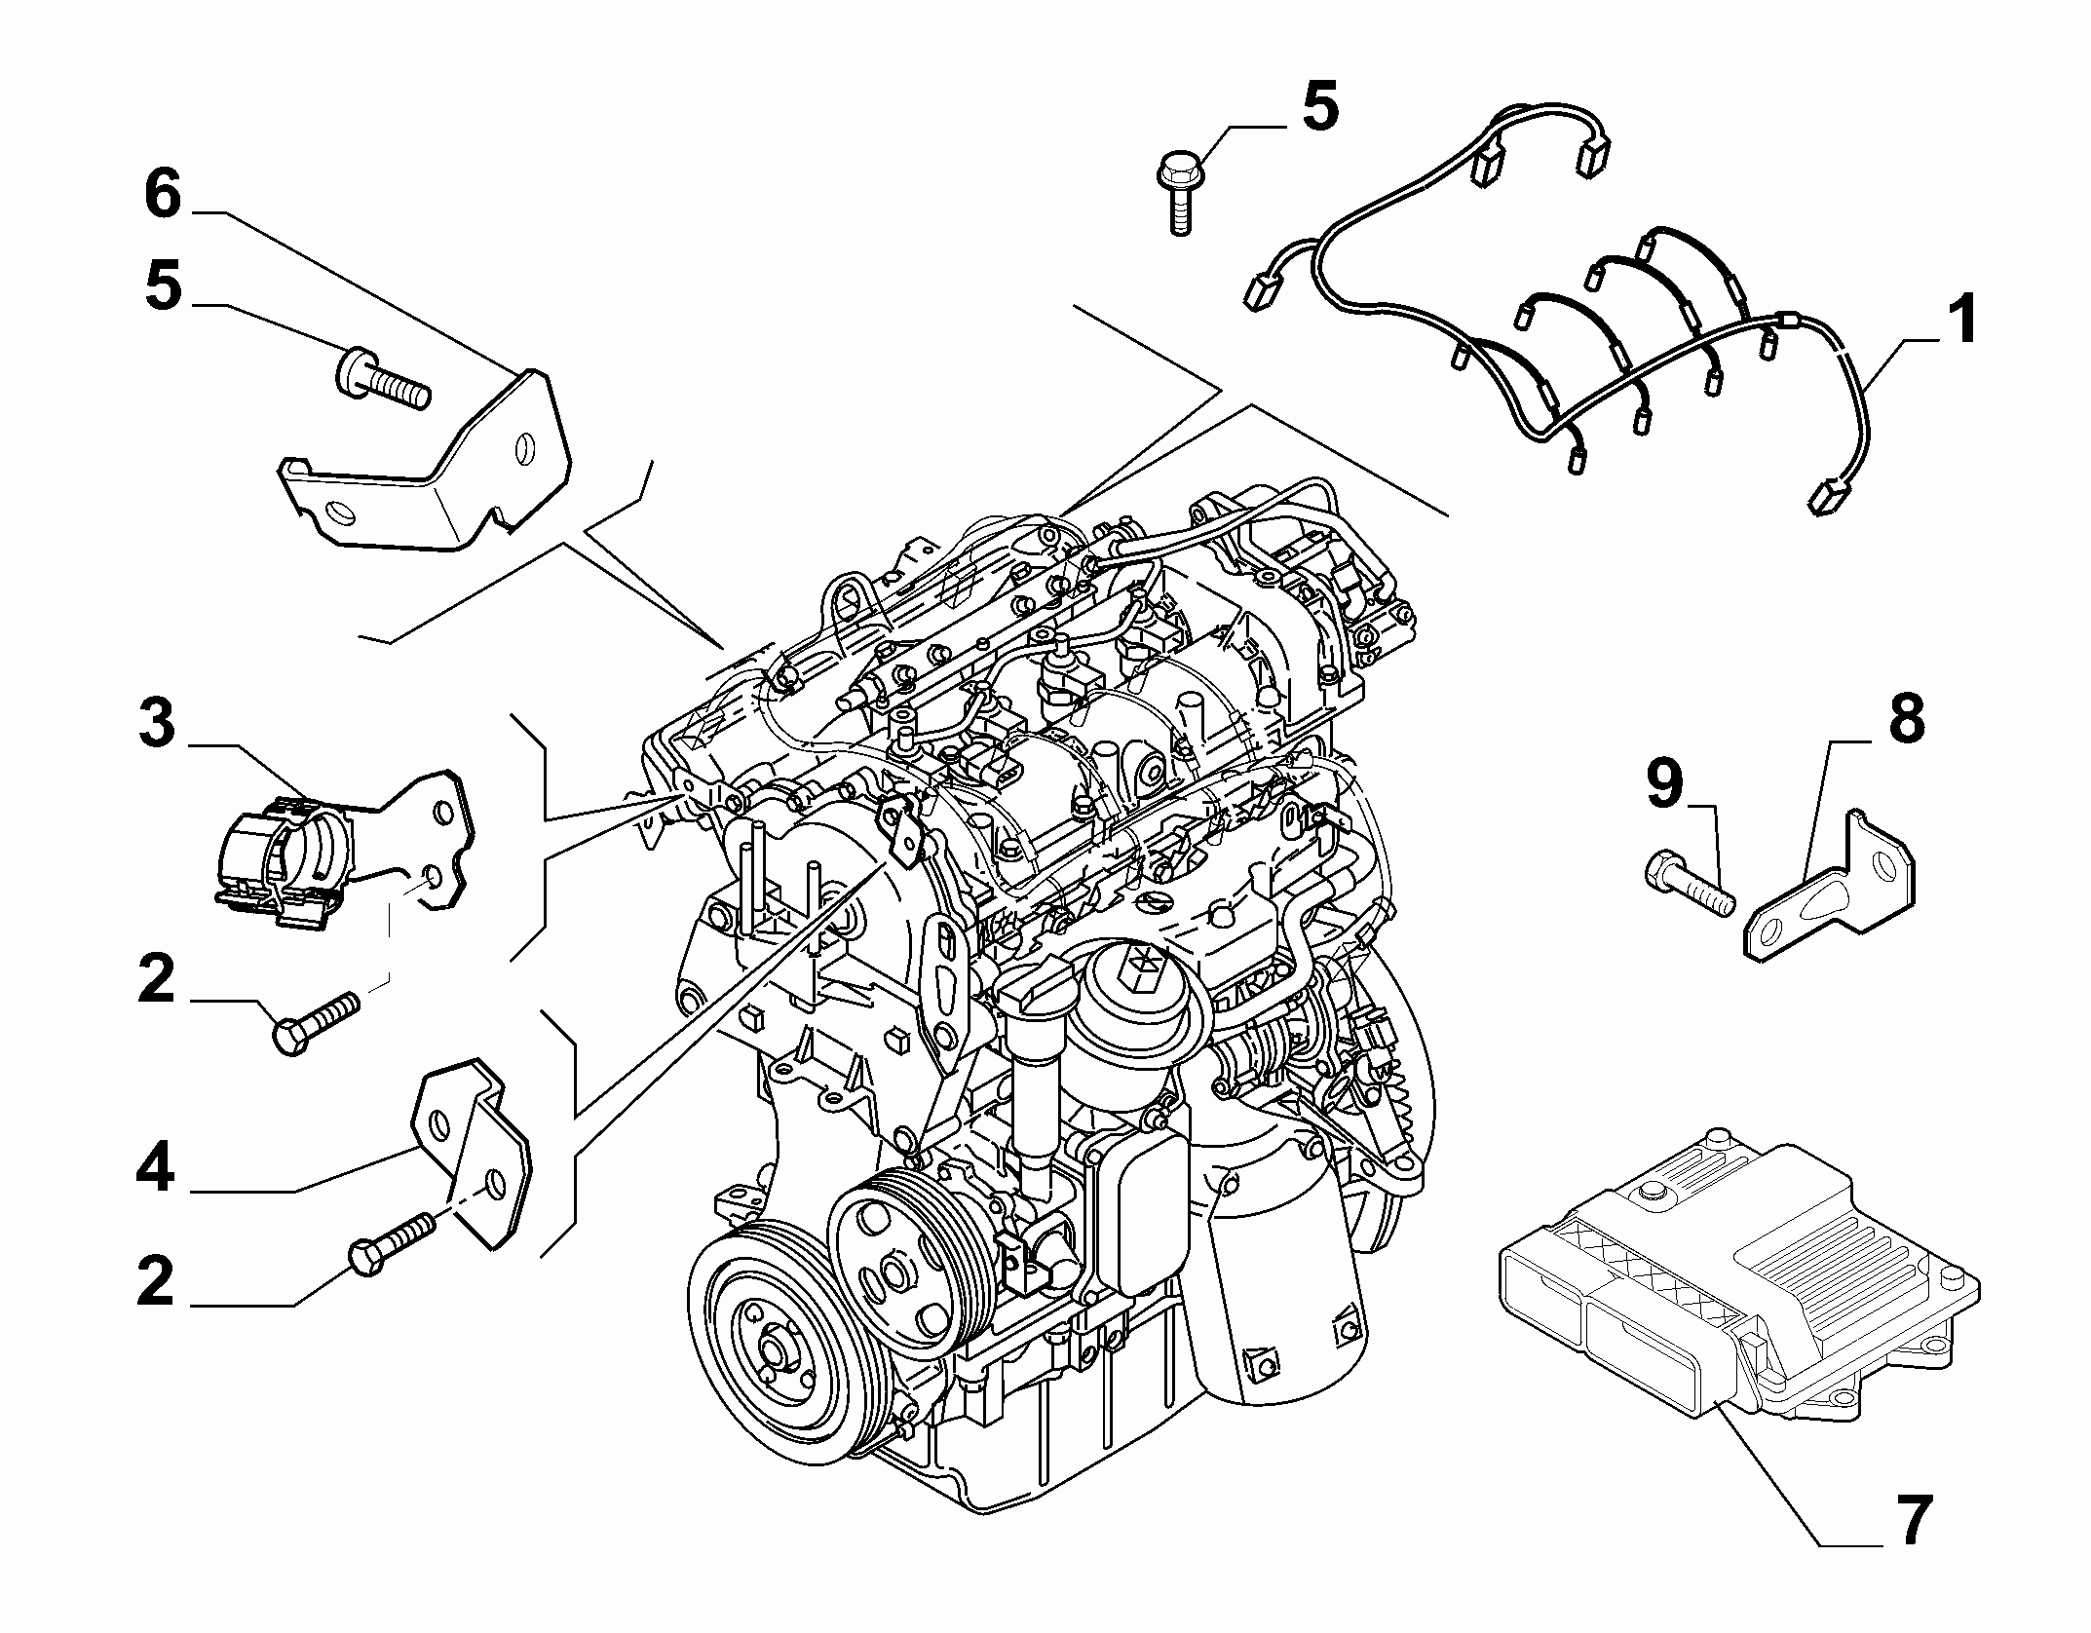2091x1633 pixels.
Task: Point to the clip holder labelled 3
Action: tap(331, 848)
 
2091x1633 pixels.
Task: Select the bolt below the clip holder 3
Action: tap(316, 1021)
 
